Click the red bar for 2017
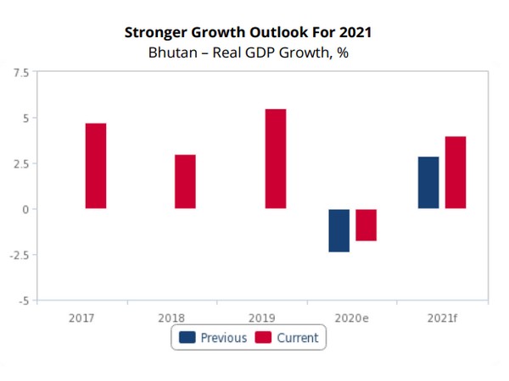(96, 166)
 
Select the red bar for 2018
(185, 181)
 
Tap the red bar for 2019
(275, 158)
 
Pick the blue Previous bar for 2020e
(338, 230)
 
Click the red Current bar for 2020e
(366, 225)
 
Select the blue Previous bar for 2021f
(428, 182)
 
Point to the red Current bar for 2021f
(456, 172)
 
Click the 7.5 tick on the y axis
(20, 73)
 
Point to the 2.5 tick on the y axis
(20, 163)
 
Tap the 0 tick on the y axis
(25, 209)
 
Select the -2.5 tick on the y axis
(19, 255)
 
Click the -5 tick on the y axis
(23, 301)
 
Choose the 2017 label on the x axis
(81, 317)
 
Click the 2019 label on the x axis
(262, 317)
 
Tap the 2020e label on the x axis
(352, 317)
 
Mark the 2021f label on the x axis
(442, 317)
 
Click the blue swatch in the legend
(187, 338)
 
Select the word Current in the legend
(297, 338)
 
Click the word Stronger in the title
(155, 33)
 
